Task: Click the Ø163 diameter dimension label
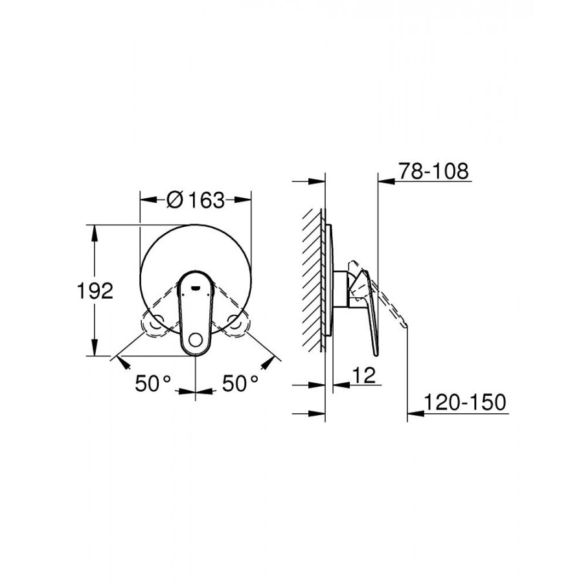[x=196, y=200]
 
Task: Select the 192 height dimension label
[x=95, y=291]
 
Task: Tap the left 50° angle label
[x=153, y=383]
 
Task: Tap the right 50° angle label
[x=240, y=383]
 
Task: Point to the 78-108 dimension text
[x=433, y=171]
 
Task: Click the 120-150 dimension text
[x=465, y=402]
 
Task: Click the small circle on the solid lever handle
[x=196, y=340]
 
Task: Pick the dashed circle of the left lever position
[x=158, y=323]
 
